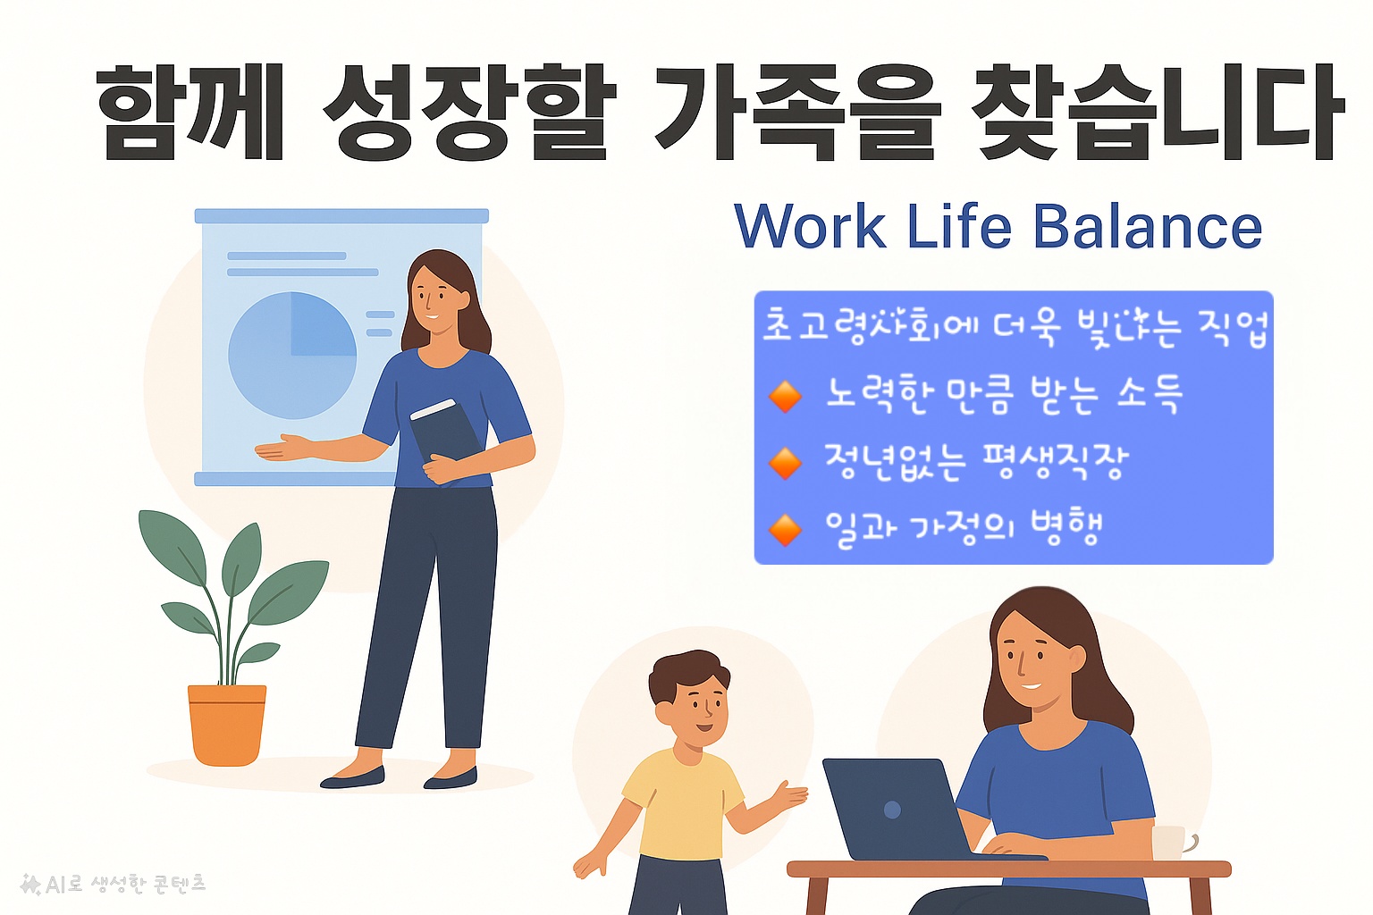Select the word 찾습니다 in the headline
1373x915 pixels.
(1157, 113)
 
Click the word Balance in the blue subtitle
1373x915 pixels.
(1148, 227)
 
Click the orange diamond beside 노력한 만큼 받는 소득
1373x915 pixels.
(785, 395)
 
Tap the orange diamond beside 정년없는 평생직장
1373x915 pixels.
(785, 463)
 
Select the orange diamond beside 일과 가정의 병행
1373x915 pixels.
(785, 529)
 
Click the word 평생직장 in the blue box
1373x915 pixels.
(1055, 461)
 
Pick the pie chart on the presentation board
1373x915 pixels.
(292, 355)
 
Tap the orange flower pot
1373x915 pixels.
(227, 724)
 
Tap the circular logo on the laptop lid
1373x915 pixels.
(892, 810)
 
